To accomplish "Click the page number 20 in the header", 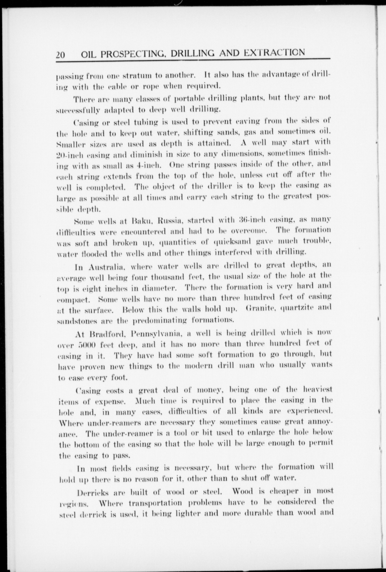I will point(60,55).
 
